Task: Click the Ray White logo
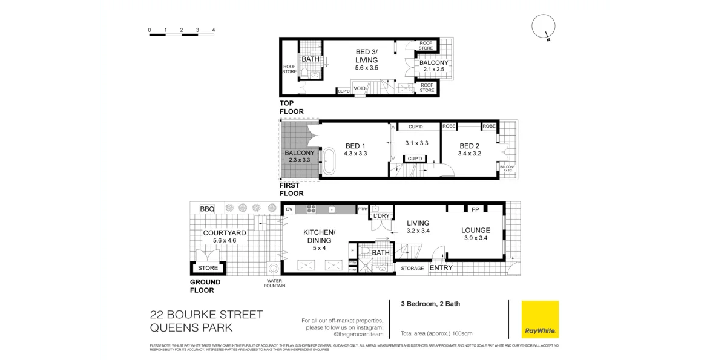[x=540, y=319]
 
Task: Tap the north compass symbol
[x=542, y=28]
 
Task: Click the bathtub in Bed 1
[x=330, y=161]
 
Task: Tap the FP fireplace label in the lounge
[x=475, y=209]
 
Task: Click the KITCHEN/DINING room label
[x=319, y=236]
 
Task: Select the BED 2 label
[x=470, y=146]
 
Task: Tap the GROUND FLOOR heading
[x=205, y=286]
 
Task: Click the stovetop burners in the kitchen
[x=312, y=209]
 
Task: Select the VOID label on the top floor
[x=360, y=88]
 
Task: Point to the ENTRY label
[x=441, y=267]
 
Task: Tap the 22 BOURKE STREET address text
[x=206, y=314]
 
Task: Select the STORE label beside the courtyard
[x=208, y=267]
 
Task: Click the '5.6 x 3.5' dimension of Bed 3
[x=366, y=68]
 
